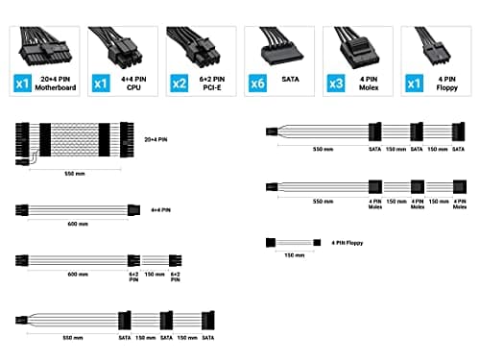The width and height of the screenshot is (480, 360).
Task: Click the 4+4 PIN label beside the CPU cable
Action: pos(161,208)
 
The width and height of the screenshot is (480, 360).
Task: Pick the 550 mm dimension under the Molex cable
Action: pos(323,202)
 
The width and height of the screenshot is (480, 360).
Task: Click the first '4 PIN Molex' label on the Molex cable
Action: pos(375,204)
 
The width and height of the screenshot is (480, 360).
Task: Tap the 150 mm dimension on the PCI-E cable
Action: pos(153,274)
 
